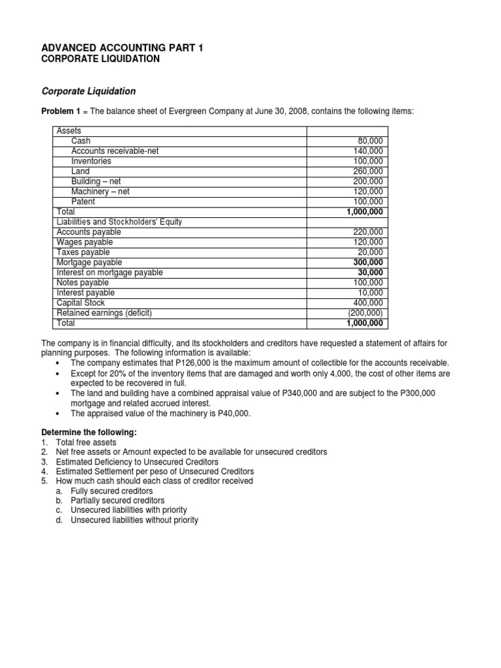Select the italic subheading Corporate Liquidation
89,91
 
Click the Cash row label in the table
81,141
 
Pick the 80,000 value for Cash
371,141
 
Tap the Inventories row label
91,161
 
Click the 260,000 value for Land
369,171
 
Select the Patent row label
83,202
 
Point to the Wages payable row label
83,242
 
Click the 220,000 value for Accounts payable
369,232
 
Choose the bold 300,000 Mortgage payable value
368,262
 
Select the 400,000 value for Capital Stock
369,303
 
